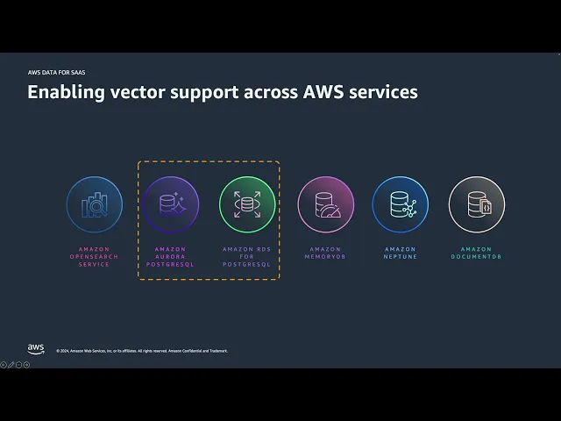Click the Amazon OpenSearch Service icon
click(x=95, y=205)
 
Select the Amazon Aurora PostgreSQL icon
click(x=170, y=205)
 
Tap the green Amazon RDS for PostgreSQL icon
click(x=247, y=205)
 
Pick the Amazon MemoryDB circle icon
click(x=326, y=205)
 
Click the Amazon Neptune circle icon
click(x=400, y=205)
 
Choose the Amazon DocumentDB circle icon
click(x=477, y=205)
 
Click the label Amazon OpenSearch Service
click(x=95, y=256)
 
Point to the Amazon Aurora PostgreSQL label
click(x=170, y=256)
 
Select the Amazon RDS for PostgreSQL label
click(x=247, y=256)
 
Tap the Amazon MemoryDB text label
click(x=326, y=253)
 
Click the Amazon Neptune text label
click(x=400, y=253)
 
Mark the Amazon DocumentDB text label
click(x=477, y=253)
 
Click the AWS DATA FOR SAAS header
click(x=57, y=72)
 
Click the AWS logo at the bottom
click(x=36, y=349)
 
